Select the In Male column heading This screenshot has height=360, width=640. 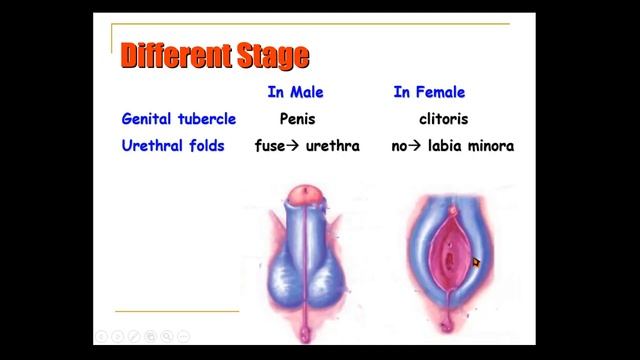point(295,93)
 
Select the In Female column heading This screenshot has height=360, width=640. point(429,93)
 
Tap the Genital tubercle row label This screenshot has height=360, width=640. point(178,119)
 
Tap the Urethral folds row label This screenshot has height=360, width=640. point(173,146)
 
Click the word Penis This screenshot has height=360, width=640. point(297,119)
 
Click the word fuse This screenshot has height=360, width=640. point(271,146)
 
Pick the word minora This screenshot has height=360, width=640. point(491,146)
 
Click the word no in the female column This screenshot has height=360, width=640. point(400,146)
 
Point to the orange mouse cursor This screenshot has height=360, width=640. point(476,263)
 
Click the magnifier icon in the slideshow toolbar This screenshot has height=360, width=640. point(167,336)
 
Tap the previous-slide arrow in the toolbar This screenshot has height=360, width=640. point(101,336)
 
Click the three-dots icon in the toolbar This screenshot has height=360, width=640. point(183,336)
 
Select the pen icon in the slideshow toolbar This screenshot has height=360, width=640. point(134,336)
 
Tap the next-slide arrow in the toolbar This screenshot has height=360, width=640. point(117,336)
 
